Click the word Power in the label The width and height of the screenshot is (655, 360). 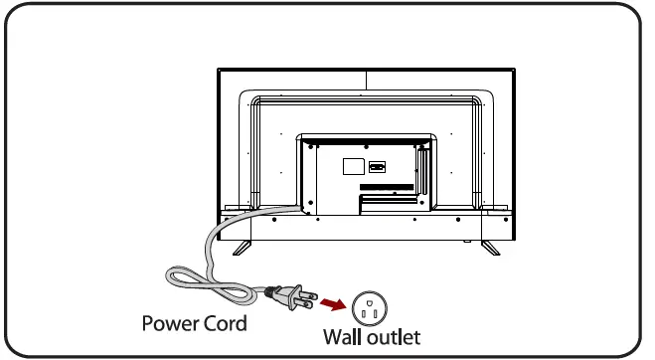(170, 324)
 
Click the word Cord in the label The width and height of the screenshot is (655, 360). (224, 324)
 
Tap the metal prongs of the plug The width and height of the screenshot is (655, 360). (307, 297)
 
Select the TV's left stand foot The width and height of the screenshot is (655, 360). (242, 248)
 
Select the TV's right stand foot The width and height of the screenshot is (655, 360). (490, 248)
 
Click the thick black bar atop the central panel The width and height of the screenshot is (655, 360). (365, 137)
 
